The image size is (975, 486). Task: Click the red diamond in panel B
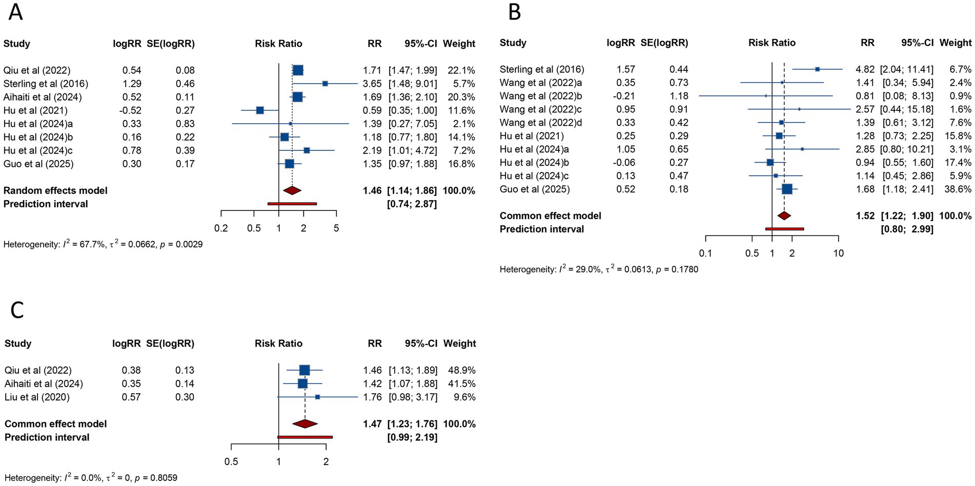[784, 216]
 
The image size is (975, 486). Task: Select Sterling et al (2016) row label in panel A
[46, 84]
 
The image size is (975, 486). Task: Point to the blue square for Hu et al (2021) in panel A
[260, 110]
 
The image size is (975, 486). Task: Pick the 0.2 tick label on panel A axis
[221, 228]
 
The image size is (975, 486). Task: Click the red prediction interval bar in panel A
[292, 204]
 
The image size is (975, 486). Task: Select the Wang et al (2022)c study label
[540, 109]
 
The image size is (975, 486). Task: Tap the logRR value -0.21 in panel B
[625, 96]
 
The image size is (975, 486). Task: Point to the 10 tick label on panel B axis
[838, 253]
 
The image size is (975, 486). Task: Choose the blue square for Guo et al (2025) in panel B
[787, 189]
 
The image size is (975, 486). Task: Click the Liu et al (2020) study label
[37, 397]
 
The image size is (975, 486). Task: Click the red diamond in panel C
[305, 424]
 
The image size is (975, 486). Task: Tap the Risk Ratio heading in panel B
[771, 43]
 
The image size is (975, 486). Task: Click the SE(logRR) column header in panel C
[170, 344]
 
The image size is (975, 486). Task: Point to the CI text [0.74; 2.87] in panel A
[413, 204]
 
